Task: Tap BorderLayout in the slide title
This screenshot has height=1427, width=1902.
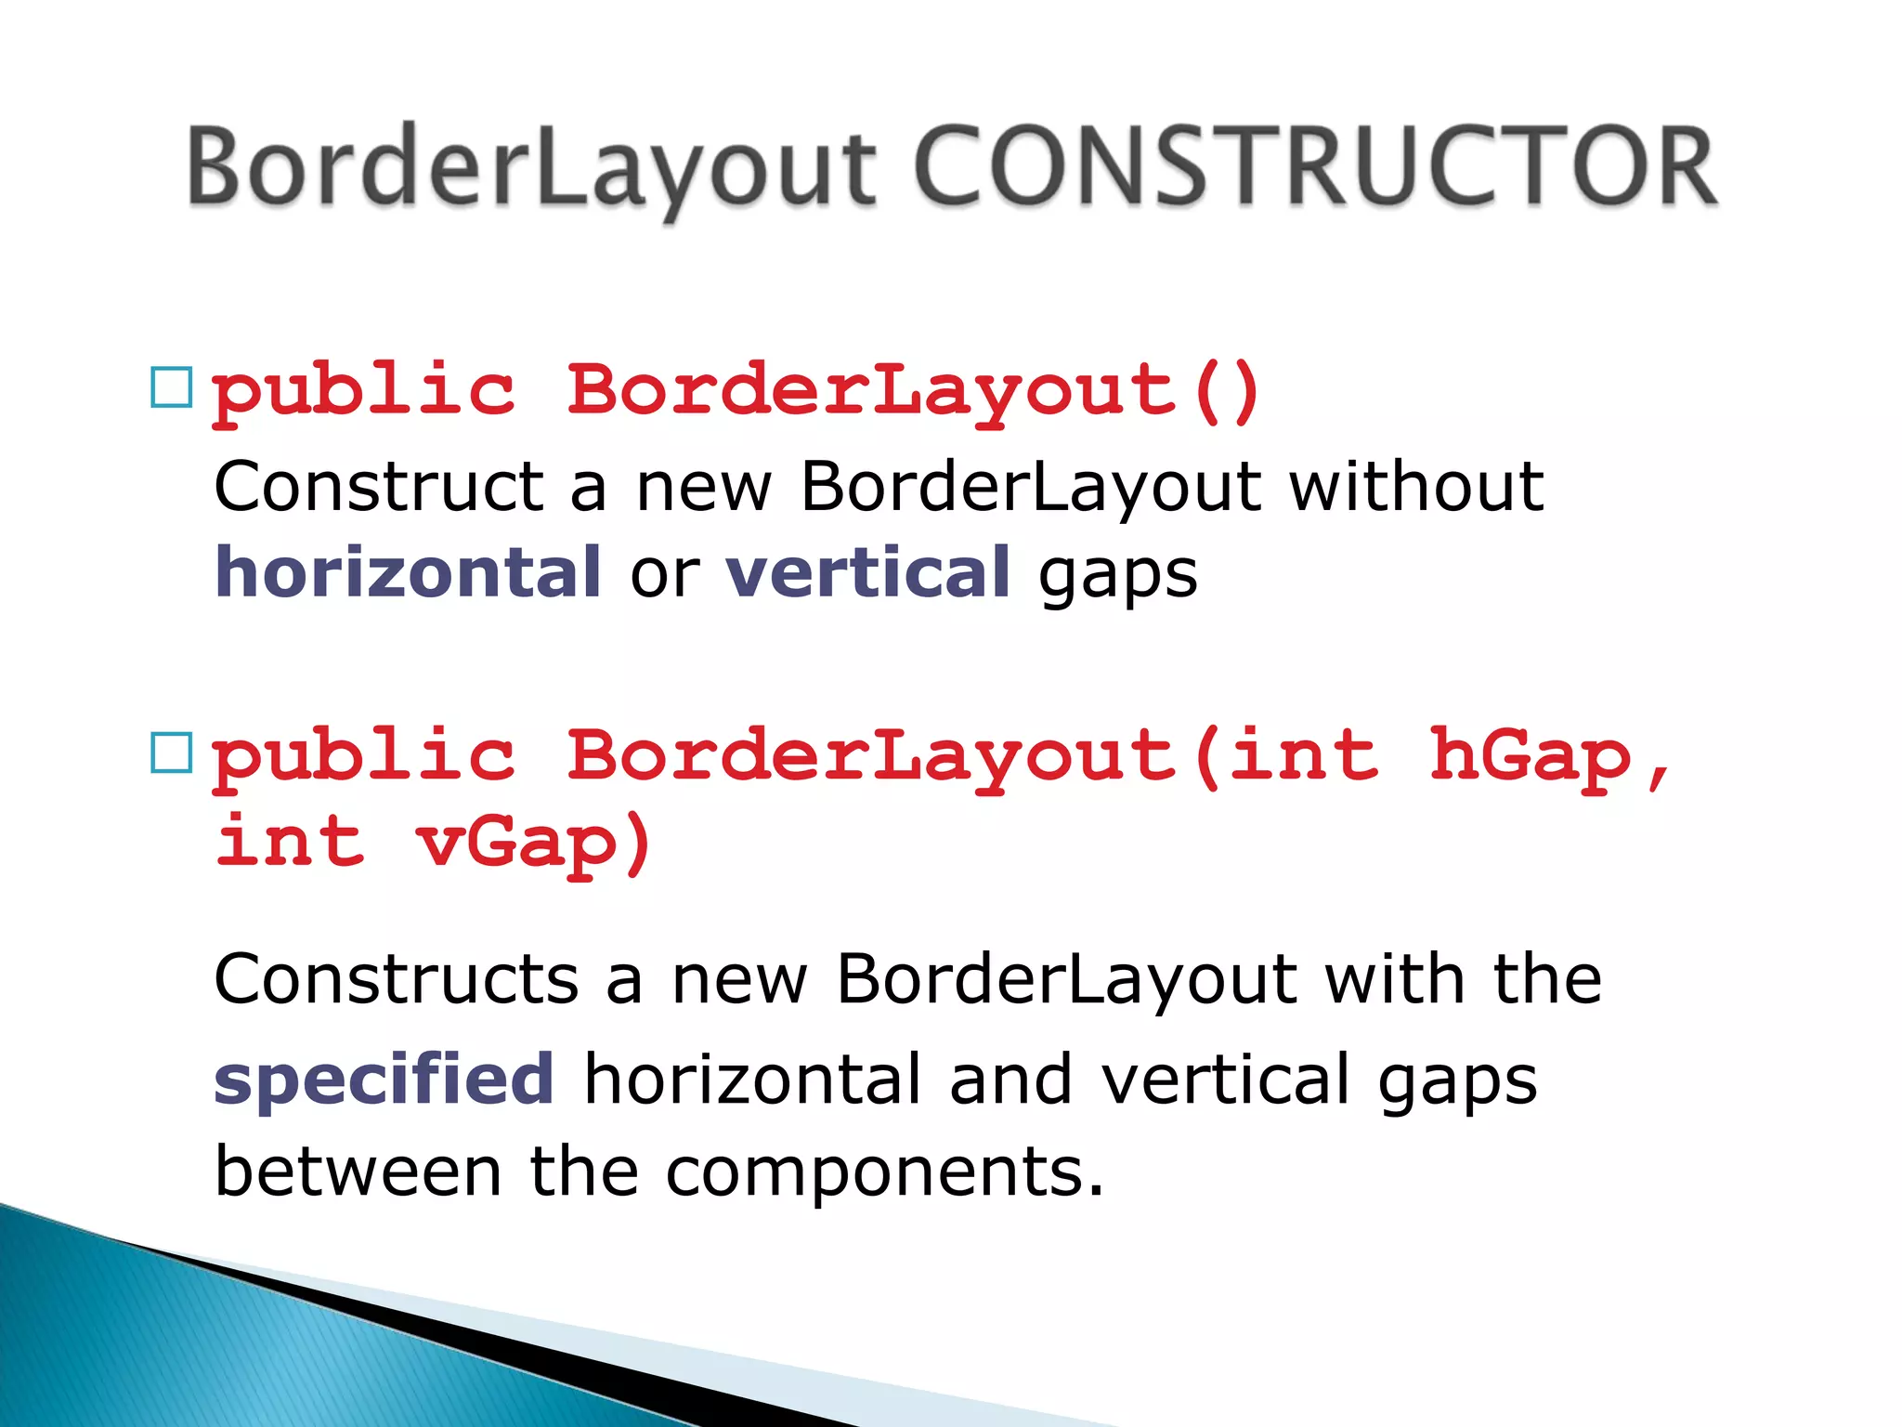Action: (x=531, y=167)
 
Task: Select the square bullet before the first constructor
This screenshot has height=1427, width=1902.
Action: (x=171, y=387)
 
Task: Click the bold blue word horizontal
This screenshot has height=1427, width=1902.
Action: (x=408, y=572)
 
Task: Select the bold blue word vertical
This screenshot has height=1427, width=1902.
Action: (x=867, y=572)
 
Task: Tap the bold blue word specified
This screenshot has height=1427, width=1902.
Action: (x=384, y=1079)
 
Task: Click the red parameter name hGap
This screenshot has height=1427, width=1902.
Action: (x=1531, y=756)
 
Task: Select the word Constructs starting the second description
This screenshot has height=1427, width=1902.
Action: (x=397, y=979)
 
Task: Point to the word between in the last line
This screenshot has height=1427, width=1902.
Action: (x=358, y=1172)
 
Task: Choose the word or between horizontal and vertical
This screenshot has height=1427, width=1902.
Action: (x=664, y=574)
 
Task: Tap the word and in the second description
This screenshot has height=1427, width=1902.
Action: (x=1010, y=1079)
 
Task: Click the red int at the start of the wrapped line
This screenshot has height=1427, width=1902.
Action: (x=290, y=841)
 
